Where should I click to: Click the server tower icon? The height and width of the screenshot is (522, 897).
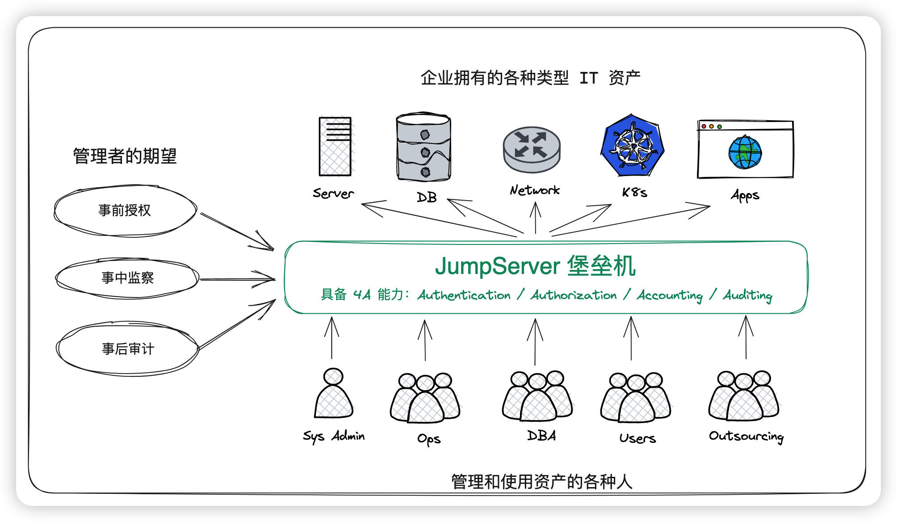[335, 147]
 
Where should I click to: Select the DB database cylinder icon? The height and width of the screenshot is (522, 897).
[423, 147]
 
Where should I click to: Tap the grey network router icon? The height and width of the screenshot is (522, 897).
[532, 149]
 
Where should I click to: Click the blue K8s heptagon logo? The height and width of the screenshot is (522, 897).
[632, 146]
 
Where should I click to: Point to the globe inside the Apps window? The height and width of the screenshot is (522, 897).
[745, 152]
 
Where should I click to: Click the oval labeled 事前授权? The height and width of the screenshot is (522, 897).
[125, 210]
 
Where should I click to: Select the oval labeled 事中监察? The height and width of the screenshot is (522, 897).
[127, 278]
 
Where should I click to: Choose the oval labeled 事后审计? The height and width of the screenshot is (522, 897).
[128, 349]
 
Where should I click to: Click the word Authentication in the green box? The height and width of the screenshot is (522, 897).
[464, 295]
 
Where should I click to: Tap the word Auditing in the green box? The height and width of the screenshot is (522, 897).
[747, 295]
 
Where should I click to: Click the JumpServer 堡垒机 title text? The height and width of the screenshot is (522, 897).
[535, 266]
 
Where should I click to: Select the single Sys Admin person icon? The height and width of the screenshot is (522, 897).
[333, 394]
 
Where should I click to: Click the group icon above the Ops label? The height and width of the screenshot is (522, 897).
[425, 398]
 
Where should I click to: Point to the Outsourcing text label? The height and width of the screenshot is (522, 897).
[746, 436]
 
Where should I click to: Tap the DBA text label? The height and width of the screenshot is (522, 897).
[541, 436]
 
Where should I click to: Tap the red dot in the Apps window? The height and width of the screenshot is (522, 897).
[704, 126]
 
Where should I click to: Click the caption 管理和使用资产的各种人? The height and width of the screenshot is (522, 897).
[541, 482]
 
